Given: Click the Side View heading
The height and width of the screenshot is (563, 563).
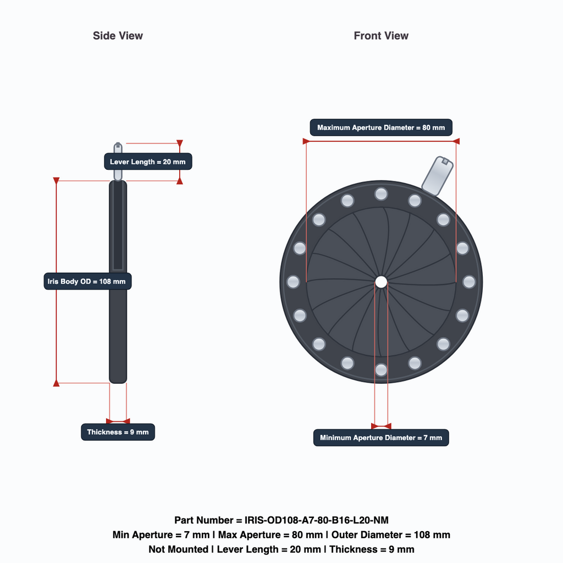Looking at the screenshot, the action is pyautogui.click(x=118, y=36).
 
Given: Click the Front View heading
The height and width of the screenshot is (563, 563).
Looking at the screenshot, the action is pyautogui.click(x=381, y=36).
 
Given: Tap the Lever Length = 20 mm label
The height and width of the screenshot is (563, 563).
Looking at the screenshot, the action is pyautogui.click(x=148, y=162).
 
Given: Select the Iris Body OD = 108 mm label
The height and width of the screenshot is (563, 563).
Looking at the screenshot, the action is pyautogui.click(x=87, y=281).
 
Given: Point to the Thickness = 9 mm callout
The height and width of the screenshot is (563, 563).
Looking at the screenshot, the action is pyautogui.click(x=118, y=432).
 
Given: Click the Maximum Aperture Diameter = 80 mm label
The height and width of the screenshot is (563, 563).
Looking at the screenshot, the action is pyautogui.click(x=381, y=128).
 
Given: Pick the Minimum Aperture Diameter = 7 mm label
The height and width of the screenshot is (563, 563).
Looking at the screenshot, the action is pyautogui.click(x=381, y=438).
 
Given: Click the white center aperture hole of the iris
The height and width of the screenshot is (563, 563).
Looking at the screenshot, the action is pyautogui.click(x=381, y=282).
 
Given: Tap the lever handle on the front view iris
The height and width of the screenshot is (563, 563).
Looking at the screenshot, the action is pyautogui.click(x=437, y=175).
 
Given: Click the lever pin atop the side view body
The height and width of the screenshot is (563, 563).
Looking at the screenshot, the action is pyautogui.click(x=118, y=162).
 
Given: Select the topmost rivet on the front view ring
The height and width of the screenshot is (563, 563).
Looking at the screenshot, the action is pyautogui.click(x=381, y=194).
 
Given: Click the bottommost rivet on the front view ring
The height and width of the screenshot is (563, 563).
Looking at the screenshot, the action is pyautogui.click(x=381, y=370).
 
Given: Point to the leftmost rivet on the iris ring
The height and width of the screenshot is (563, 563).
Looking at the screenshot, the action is pyautogui.click(x=293, y=282).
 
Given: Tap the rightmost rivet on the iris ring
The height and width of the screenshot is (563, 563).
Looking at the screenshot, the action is pyautogui.click(x=469, y=282).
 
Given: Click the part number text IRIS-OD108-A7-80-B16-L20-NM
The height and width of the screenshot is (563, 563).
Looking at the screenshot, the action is pyautogui.click(x=316, y=520).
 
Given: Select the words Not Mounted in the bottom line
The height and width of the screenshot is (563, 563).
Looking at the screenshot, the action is pyautogui.click(x=179, y=549).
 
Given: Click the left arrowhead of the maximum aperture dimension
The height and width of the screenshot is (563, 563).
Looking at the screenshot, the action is pyautogui.click(x=306, y=141).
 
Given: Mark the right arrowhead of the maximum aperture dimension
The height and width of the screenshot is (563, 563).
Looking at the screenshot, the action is pyautogui.click(x=456, y=141).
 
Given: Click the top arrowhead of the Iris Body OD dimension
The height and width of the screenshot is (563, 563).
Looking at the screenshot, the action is pyautogui.click(x=57, y=180).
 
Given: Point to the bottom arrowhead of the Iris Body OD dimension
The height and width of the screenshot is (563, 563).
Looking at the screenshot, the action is pyautogui.click(x=57, y=383).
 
